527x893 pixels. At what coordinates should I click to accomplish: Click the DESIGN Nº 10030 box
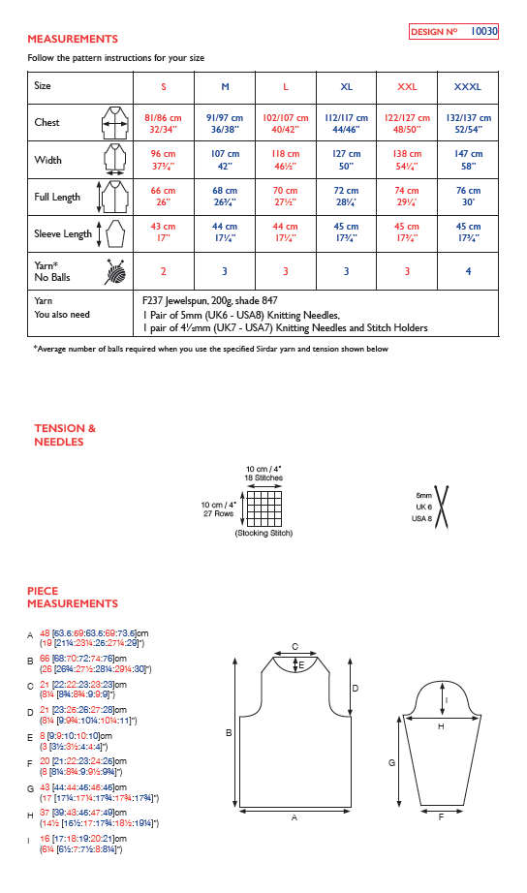click(453, 32)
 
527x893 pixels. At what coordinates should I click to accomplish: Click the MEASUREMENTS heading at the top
click(73, 39)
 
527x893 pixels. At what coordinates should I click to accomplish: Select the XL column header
click(347, 87)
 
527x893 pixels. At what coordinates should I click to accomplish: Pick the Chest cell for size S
click(163, 123)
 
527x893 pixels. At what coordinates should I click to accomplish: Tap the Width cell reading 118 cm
click(285, 160)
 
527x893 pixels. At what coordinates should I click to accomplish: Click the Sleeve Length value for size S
click(163, 233)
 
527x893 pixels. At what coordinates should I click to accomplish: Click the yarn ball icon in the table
click(114, 272)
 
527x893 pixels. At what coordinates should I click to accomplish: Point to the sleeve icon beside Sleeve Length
click(114, 233)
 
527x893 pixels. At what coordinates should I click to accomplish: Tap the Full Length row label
click(57, 197)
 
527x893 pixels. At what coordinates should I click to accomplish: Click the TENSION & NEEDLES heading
click(65, 435)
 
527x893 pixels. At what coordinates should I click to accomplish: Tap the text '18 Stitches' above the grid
click(263, 478)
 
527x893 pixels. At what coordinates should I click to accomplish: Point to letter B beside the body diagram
click(228, 733)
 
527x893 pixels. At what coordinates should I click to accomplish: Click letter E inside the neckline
click(301, 665)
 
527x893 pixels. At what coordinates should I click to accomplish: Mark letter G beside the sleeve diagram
click(391, 763)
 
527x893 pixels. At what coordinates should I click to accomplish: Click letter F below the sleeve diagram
click(441, 817)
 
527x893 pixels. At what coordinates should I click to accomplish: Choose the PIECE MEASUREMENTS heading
click(73, 597)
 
